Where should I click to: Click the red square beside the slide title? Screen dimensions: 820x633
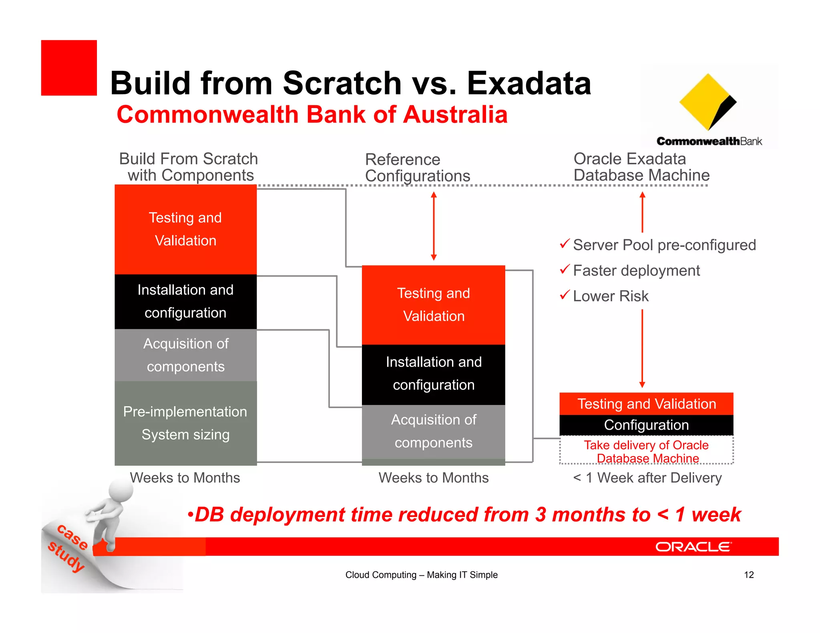(69, 68)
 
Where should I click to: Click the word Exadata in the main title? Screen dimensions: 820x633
(529, 83)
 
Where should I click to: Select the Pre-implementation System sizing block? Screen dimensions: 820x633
(185, 423)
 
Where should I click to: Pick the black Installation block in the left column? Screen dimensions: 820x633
(185, 301)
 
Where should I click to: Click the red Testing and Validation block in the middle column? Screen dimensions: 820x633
(433, 304)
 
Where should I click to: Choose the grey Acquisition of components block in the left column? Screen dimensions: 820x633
(185, 355)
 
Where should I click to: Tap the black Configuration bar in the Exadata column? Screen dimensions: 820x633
(646, 425)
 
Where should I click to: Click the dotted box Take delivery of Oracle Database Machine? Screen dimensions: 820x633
(646, 451)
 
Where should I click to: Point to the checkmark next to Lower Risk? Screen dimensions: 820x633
(565, 295)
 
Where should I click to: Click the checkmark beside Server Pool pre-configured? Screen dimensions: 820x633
(565, 244)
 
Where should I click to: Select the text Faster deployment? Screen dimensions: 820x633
(636, 271)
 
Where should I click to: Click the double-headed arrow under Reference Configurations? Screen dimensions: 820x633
(434, 226)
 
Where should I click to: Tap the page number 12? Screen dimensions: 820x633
(749, 575)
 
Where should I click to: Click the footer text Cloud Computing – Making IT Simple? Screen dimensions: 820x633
(421, 575)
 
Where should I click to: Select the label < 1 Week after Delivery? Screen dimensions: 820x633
(647, 478)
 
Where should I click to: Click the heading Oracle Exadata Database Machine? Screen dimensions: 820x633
(641, 167)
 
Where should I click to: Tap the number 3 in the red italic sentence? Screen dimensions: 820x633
(541, 515)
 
